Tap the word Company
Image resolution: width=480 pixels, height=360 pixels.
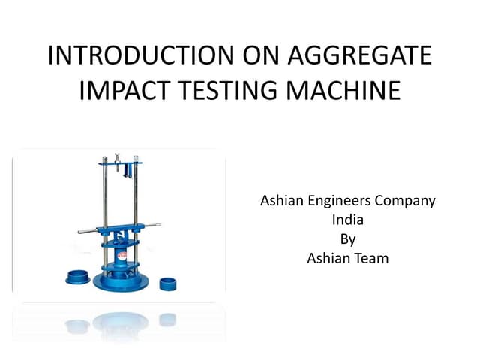(x=408, y=202)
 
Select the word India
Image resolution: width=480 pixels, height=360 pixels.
(x=347, y=221)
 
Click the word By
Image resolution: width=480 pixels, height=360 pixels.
(x=347, y=240)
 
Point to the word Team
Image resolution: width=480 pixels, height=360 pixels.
(x=370, y=259)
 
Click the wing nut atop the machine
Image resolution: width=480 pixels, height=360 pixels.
(x=117, y=158)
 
